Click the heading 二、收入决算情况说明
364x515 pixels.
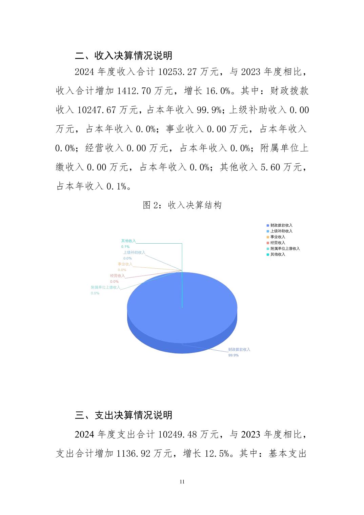[124, 56]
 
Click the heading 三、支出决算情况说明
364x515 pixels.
[124, 415]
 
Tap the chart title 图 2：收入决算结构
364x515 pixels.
[182, 205]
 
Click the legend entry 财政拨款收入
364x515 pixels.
[281, 225]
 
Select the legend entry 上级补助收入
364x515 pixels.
[281, 231]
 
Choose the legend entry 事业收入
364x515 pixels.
[278, 237]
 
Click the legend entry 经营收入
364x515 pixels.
[278, 243]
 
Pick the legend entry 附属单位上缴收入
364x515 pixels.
[285, 248]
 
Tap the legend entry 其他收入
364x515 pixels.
[278, 254]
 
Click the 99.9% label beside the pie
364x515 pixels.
[233, 355]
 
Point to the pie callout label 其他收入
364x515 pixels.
[128, 241]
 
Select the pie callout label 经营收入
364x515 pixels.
[117, 276]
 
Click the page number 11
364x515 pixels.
[182, 482]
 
